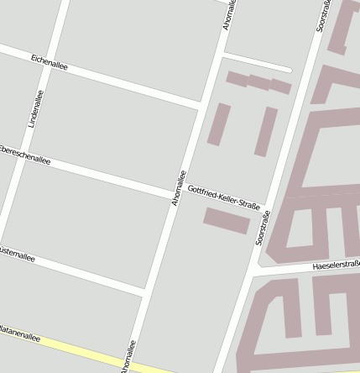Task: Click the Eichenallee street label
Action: coord(49,61)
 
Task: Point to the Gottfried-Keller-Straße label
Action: coord(224,198)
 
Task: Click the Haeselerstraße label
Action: coord(336,265)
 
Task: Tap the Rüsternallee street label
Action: coord(17,253)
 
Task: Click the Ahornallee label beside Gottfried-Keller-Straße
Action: coord(178,188)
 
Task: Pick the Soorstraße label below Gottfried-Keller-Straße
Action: coord(263,229)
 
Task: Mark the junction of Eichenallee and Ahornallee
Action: coord(201,105)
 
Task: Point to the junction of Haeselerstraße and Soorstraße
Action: coord(253,273)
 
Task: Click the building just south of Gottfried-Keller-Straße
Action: coord(227,220)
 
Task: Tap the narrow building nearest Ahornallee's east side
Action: coord(219,124)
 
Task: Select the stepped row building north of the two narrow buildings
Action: coord(258,82)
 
